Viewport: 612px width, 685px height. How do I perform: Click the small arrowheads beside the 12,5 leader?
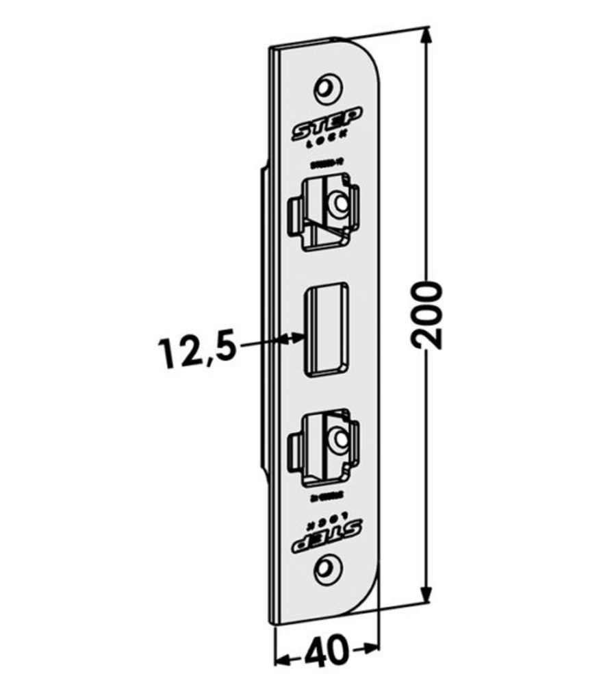pyautogui.click(x=296, y=336)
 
